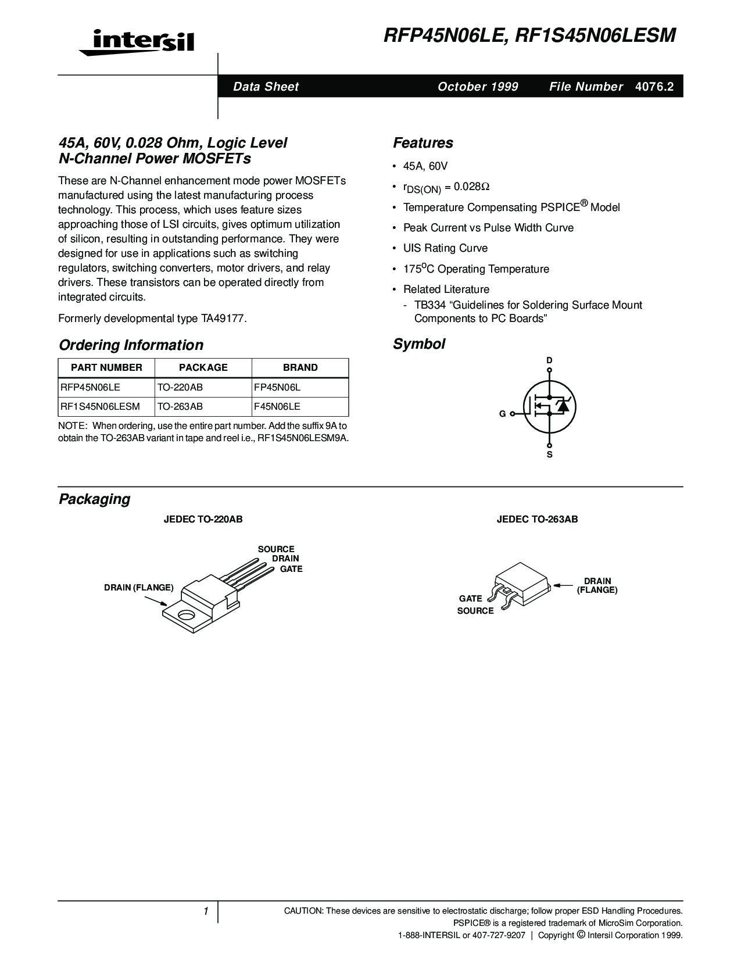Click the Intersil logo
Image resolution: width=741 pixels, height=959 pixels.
[x=137, y=42]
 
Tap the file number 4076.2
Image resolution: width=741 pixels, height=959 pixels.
[x=654, y=87]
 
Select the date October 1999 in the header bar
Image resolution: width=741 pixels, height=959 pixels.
[x=478, y=87]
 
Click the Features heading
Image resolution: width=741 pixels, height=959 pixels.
[x=423, y=143]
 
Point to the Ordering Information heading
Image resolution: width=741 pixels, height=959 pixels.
[x=131, y=345]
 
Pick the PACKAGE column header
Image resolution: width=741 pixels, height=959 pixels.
[x=203, y=367]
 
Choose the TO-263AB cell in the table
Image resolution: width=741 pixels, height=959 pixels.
[x=180, y=407]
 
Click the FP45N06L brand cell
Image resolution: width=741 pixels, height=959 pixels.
[x=277, y=387]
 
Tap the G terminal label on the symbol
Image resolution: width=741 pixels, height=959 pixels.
[x=502, y=414]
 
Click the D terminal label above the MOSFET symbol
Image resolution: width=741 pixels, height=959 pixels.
[x=549, y=361]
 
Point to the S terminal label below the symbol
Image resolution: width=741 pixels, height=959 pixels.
[x=549, y=455]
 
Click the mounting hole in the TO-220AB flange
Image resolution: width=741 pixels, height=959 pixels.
[x=187, y=614]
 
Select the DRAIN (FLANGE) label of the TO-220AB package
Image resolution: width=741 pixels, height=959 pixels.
[x=139, y=588]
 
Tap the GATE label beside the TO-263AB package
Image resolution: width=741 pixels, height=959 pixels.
[x=470, y=599]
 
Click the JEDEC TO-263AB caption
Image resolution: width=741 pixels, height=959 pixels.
[x=537, y=519]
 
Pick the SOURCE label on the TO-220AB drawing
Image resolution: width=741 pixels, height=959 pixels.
[x=276, y=549]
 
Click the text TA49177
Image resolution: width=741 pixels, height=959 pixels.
[x=223, y=319]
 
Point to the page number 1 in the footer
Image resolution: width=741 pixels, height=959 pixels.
[x=206, y=911]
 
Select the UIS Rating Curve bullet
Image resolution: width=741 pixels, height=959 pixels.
[x=445, y=248]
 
